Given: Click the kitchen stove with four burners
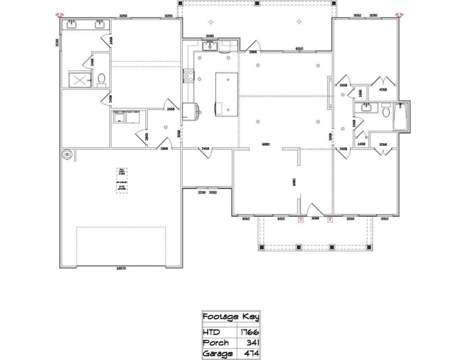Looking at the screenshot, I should (x=188, y=76).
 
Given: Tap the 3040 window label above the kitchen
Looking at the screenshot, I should (x=210, y=36).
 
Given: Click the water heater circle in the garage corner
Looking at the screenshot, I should (x=67, y=154).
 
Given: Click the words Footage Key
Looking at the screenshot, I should (x=230, y=317).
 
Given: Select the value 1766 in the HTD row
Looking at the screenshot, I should (x=250, y=332).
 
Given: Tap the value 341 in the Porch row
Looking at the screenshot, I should (x=252, y=343).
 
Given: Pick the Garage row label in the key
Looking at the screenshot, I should (x=217, y=353).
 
